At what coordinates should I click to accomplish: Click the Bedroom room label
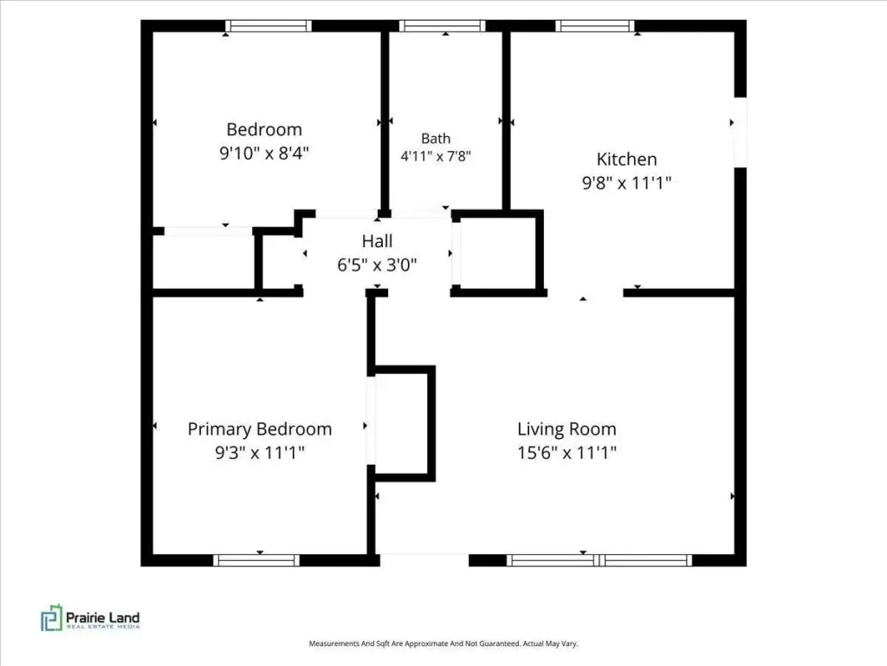(x=264, y=129)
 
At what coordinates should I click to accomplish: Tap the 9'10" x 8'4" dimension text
(x=264, y=153)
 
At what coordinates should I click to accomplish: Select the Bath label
(x=436, y=139)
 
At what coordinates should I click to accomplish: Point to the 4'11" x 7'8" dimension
(x=436, y=156)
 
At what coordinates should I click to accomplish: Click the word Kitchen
(x=627, y=160)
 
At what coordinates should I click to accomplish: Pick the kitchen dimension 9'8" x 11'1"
(x=627, y=183)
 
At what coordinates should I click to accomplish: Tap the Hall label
(x=378, y=241)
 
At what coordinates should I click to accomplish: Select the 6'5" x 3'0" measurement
(x=378, y=264)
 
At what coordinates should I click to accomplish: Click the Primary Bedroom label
(x=260, y=429)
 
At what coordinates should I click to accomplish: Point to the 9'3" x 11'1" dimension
(x=260, y=453)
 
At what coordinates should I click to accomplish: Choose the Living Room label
(x=567, y=429)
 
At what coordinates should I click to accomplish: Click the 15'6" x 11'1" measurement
(x=567, y=453)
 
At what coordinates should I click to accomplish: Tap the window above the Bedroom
(x=269, y=26)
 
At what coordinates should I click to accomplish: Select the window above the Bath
(x=443, y=26)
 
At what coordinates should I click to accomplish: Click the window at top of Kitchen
(x=595, y=26)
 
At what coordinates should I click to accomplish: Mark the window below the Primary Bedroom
(x=256, y=561)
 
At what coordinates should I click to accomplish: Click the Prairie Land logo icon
(x=51, y=617)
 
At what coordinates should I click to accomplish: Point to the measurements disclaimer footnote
(x=443, y=643)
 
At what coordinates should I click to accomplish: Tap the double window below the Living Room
(x=599, y=561)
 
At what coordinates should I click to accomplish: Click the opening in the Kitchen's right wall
(x=741, y=133)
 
